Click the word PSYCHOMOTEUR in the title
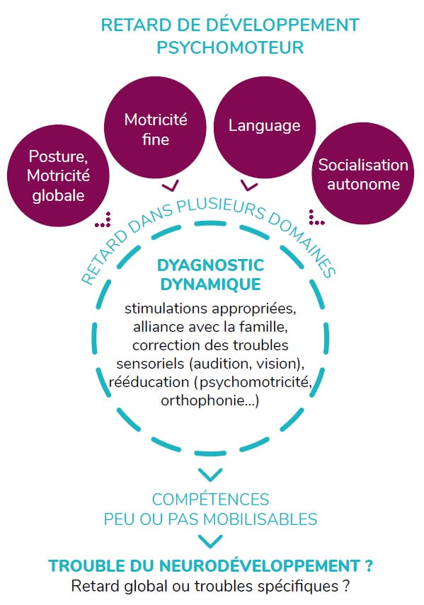[230, 47]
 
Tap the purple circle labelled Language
[265, 127]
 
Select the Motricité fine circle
[155, 127]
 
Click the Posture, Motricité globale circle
[58, 175]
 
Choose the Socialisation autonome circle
[363, 173]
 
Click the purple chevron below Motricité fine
[170, 186]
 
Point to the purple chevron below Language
[249, 186]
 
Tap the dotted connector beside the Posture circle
[103, 220]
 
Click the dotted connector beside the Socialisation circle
[316, 217]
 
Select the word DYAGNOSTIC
[211, 265]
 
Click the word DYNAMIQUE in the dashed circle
[211, 284]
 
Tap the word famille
[263, 327]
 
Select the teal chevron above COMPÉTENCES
[210, 475]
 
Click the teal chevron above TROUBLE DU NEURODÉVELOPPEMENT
[210, 541]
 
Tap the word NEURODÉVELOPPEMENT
[260, 565]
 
